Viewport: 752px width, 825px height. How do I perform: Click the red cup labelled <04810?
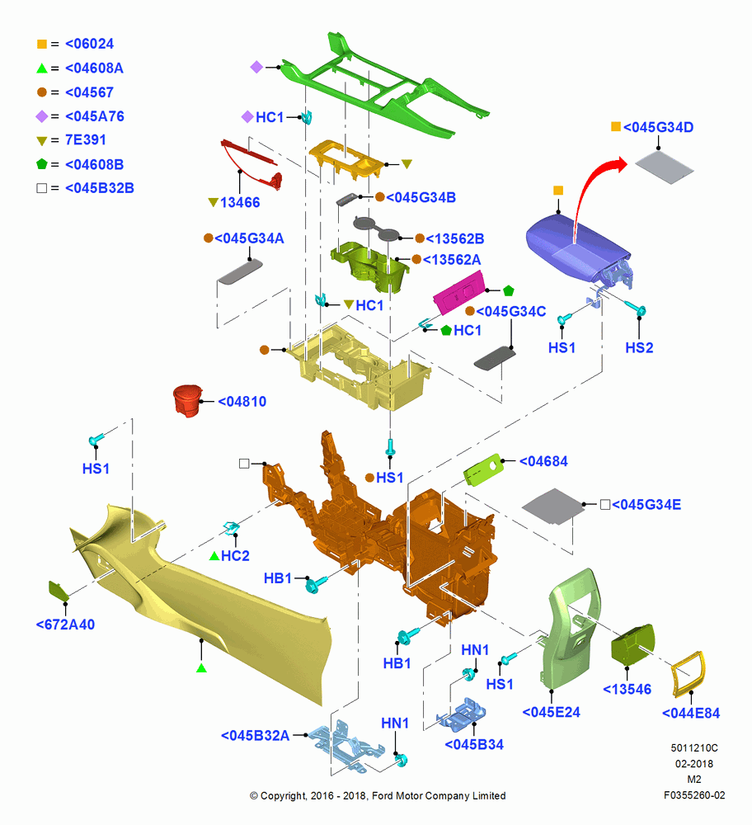187,400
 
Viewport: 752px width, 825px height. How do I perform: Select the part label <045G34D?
658,127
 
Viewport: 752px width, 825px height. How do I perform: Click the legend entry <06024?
89,45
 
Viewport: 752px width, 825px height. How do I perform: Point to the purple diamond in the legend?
42,116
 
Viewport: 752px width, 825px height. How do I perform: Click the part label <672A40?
65,625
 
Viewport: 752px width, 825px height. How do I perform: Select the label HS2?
639,348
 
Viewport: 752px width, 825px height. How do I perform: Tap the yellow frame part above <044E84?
689,675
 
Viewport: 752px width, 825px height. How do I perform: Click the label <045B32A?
255,736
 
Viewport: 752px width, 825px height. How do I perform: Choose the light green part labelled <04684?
482,469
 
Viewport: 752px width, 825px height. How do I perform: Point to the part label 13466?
240,203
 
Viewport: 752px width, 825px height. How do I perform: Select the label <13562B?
454,239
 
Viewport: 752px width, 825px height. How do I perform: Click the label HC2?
235,556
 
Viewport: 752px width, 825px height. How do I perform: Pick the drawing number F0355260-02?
694,795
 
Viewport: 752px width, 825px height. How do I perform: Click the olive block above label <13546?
632,645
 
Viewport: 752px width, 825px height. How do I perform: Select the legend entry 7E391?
85,140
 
